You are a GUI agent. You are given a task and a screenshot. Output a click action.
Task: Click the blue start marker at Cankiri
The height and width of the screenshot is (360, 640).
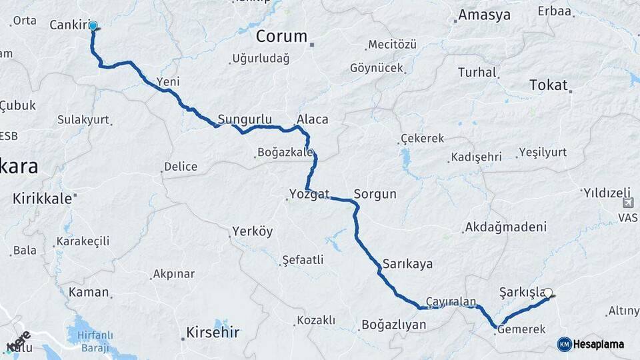[x=93, y=27]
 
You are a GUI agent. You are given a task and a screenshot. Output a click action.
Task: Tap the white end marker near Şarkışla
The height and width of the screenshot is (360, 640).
[x=548, y=292]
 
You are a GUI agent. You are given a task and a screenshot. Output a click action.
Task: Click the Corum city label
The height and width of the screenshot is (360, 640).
[x=281, y=36]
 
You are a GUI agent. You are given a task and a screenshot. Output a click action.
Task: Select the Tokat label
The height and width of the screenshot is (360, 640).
[x=548, y=85]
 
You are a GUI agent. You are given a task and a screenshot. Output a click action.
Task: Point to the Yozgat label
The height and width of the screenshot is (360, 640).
[x=309, y=194]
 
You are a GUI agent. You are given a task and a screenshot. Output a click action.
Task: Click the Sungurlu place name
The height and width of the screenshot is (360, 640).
[x=245, y=119]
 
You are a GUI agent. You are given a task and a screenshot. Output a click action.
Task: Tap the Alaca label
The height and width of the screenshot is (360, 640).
[x=312, y=119]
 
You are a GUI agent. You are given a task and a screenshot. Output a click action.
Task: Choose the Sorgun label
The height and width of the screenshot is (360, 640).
[x=375, y=194]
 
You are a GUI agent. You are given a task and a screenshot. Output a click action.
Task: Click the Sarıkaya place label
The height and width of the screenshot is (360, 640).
[x=407, y=263]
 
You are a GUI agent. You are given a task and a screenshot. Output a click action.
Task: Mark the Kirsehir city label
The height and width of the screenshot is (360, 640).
[x=213, y=332]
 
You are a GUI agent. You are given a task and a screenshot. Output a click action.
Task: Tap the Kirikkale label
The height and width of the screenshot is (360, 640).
[x=42, y=198]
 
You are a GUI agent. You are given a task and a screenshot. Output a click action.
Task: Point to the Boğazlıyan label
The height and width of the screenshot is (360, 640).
[x=393, y=325]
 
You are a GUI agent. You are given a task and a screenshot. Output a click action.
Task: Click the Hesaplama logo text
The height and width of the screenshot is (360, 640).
[x=598, y=344]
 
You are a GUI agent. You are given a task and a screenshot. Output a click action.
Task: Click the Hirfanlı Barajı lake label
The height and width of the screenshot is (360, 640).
[x=93, y=341]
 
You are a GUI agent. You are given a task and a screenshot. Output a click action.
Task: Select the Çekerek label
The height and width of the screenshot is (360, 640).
[x=422, y=139]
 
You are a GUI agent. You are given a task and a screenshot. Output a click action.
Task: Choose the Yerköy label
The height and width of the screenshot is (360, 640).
[x=252, y=232]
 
